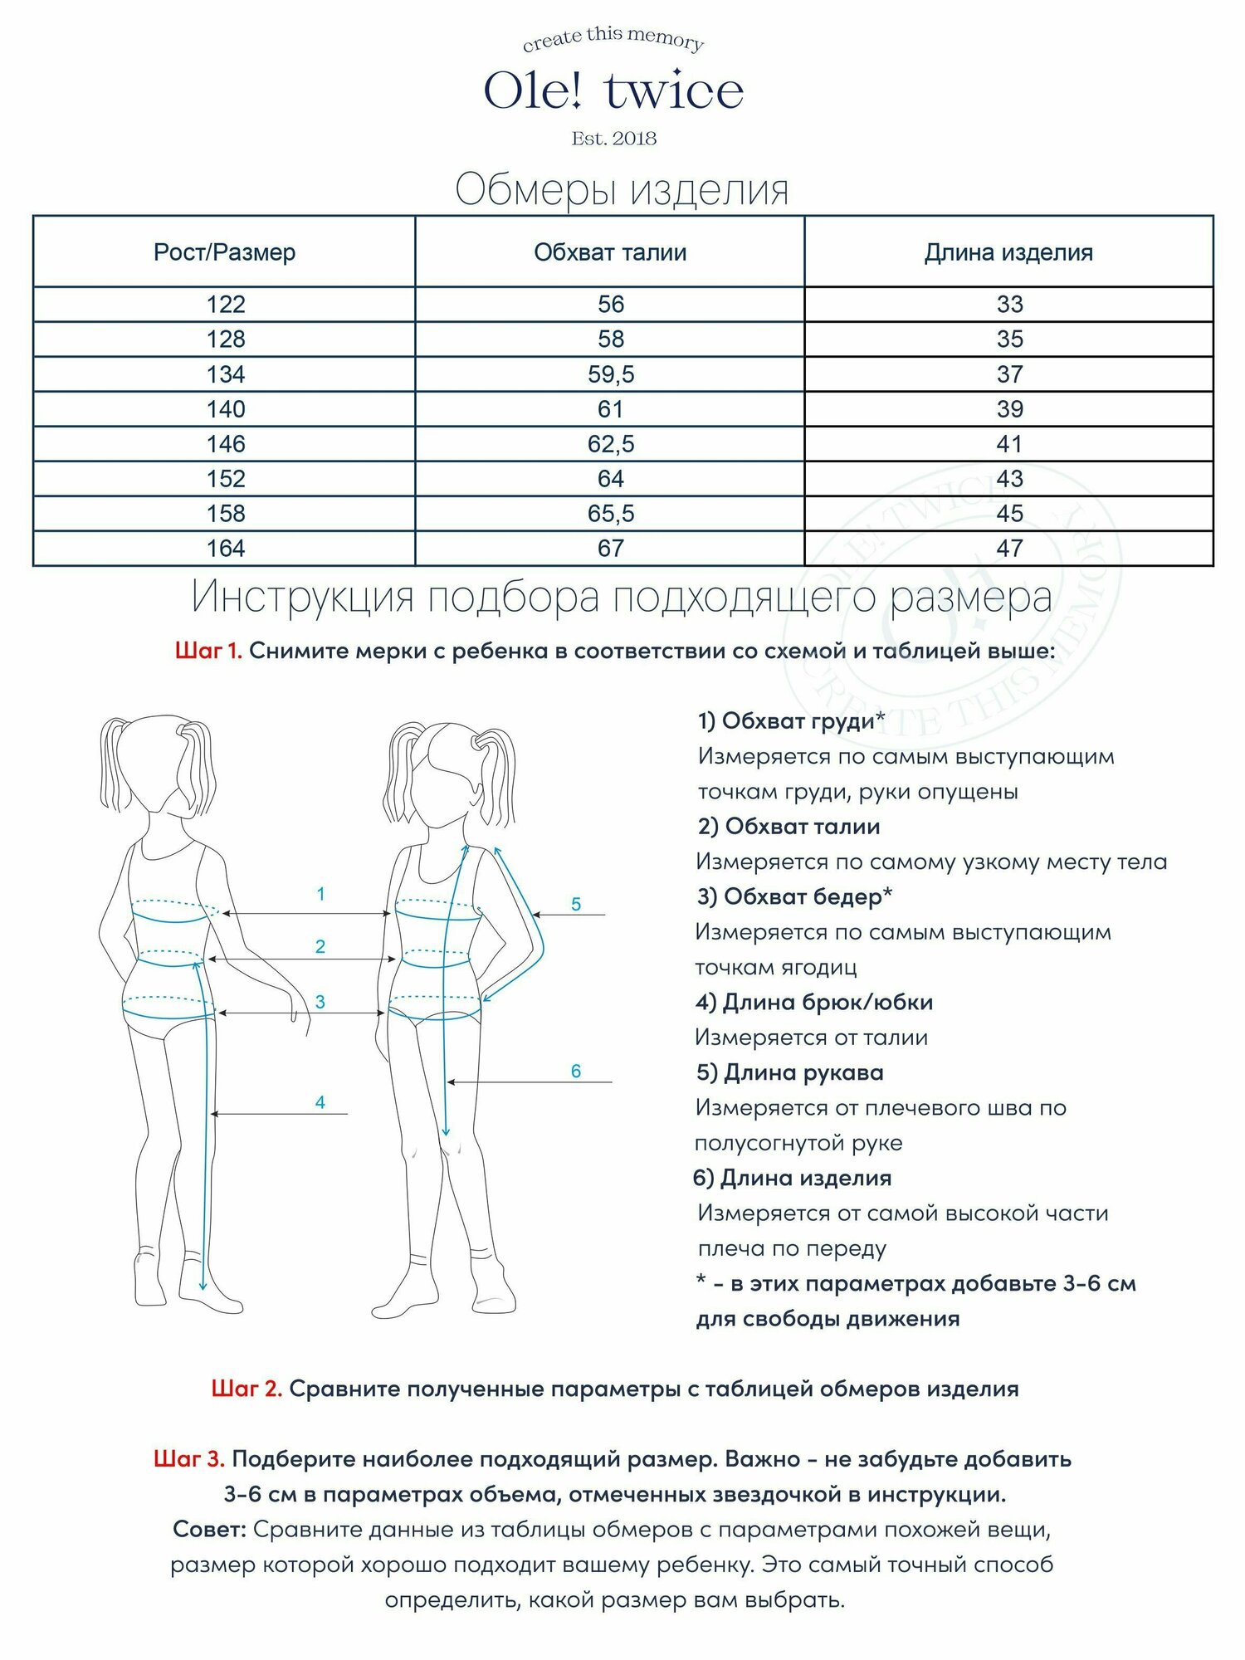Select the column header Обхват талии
pos(610,252)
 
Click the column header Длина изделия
pos(1008,252)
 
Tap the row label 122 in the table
pos(226,305)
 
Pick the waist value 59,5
pos(611,374)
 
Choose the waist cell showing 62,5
pos(611,444)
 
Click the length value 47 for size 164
pos(1009,549)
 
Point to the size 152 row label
pos(226,479)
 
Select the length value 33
pos(1009,305)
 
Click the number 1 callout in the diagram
pos(320,895)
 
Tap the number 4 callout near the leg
pos(320,1102)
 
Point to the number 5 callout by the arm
pos(576,905)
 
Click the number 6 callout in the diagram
pos(576,1072)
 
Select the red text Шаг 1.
pos(208,652)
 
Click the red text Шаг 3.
pos(189,1459)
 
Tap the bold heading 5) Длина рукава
pos(789,1072)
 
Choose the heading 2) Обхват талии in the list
pos(788,827)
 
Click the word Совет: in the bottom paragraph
pos(209,1529)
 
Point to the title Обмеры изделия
pos(622,190)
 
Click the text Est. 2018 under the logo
pos(613,139)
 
